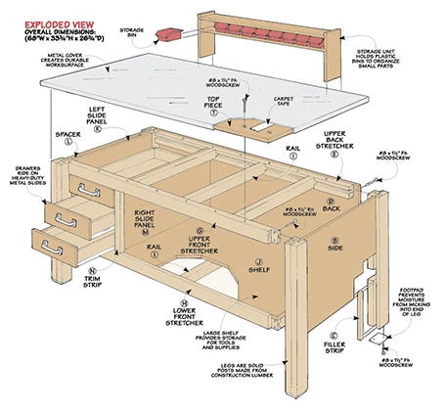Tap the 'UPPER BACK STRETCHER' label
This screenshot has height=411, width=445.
click(361, 140)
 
